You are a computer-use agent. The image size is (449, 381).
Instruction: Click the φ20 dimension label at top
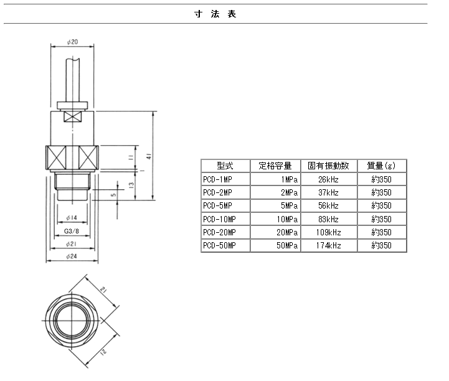click(72, 42)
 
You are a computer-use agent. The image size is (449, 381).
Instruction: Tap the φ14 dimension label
click(72, 218)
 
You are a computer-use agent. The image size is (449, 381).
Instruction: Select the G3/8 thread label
click(71, 231)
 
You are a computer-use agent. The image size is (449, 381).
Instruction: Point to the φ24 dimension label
click(72, 256)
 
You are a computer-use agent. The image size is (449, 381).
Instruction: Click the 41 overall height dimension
click(149, 156)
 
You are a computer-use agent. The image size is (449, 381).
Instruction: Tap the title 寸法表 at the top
click(215, 14)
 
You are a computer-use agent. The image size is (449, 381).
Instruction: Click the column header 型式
click(225, 166)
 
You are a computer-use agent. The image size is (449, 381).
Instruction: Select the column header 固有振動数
click(328, 166)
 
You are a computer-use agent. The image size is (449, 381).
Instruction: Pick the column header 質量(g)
click(381, 166)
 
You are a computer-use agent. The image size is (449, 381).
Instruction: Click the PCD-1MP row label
click(217, 179)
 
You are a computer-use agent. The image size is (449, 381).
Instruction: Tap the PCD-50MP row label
click(219, 245)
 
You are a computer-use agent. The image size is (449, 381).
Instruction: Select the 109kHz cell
click(328, 232)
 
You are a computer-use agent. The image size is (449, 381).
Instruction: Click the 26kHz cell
click(328, 179)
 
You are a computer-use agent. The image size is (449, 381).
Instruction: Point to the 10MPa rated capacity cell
click(287, 219)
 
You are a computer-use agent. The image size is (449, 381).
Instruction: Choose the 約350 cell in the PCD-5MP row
click(381, 205)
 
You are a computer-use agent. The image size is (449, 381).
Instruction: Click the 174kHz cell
click(328, 245)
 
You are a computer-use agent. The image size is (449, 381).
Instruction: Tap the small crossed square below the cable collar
click(72, 116)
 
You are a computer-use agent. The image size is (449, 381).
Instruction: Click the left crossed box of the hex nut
click(56, 157)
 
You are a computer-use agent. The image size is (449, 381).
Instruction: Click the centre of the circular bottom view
click(72, 321)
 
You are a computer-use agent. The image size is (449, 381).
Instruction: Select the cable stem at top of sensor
click(73, 80)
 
